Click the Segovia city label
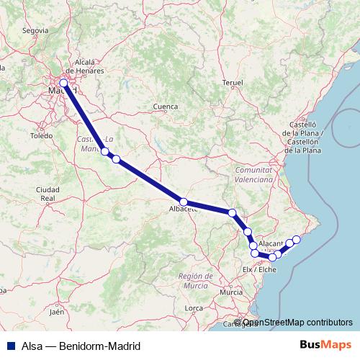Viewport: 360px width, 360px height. pyautogui.click(x=35, y=31)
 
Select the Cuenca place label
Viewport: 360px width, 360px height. pyautogui.click(x=165, y=107)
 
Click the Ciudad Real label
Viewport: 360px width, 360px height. pyautogui.click(x=48, y=193)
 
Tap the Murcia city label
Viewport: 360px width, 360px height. pyautogui.click(x=231, y=292)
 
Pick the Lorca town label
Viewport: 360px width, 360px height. pyautogui.click(x=194, y=308)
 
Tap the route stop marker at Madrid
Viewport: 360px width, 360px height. pyautogui.click(x=64, y=83)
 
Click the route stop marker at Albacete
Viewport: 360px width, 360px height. pyautogui.click(x=184, y=202)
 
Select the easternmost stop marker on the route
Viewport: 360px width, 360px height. pyautogui.click(x=296, y=239)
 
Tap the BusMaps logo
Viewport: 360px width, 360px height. pyautogui.click(x=326, y=346)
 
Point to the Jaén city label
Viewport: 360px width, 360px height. pyautogui.click(x=57, y=312)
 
